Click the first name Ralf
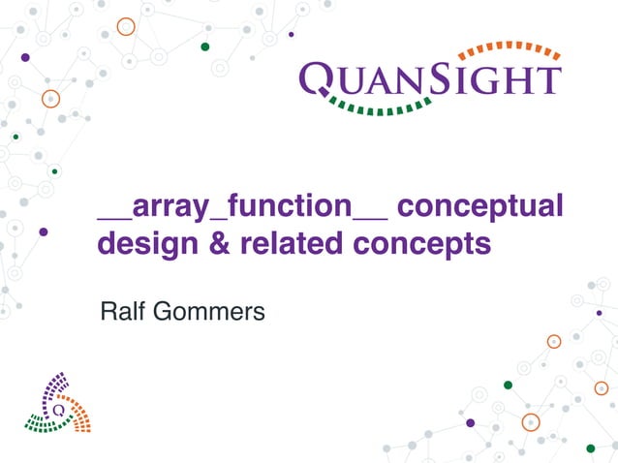[121, 313]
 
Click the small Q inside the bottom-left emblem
[59, 409]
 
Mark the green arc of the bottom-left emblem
[43, 422]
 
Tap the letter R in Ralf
[107, 313]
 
